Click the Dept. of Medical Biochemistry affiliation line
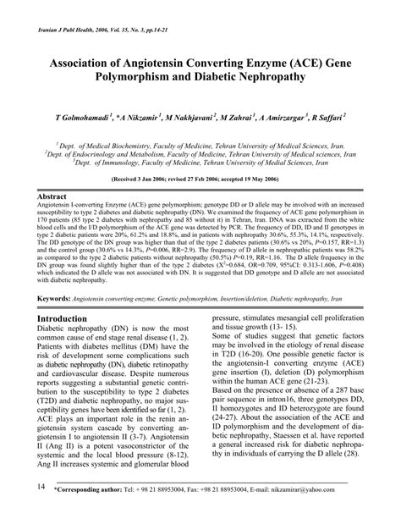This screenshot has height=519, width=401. [x=200, y=146]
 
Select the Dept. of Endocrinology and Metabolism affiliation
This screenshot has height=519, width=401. [x=200, y=155]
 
